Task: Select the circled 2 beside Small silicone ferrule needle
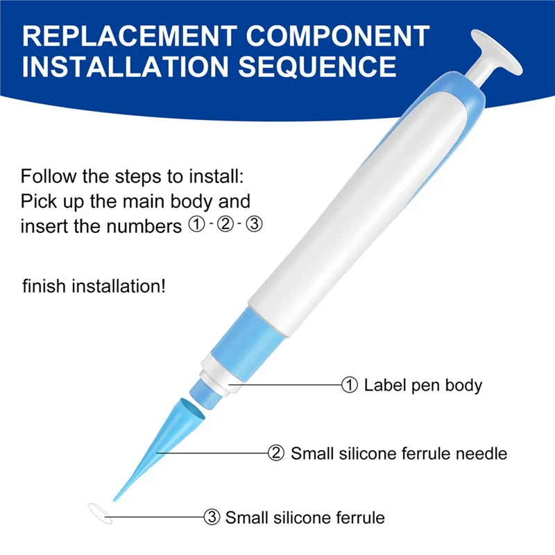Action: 276,454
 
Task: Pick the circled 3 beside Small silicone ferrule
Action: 211,517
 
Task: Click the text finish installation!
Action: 94,286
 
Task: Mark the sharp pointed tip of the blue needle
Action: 114,497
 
